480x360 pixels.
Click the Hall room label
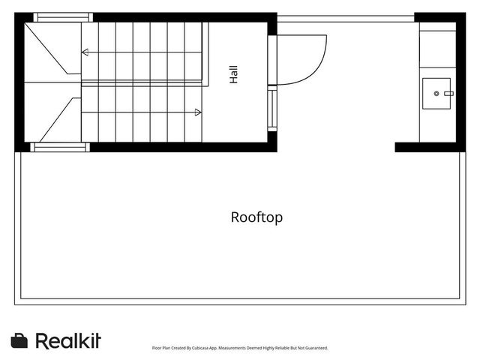[233, 74]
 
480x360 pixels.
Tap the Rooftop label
[256, 217]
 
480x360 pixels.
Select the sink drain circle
[436, 93]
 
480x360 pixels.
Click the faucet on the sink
[448, 93]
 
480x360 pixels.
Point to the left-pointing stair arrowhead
[85, 52]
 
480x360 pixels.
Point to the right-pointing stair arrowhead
[198, 112]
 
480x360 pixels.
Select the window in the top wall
[63, 17]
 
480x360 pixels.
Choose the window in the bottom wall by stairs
[60, 147]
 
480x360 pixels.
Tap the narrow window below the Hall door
[272, 108]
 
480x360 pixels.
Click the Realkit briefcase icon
[19, 340]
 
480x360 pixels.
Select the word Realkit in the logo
[68, 340]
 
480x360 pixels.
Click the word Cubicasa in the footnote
[200, 348]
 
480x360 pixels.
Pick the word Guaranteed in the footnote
[316, 348]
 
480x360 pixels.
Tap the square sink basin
[436, 93]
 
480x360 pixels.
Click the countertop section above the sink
[438, 49]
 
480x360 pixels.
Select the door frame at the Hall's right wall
[272, 60]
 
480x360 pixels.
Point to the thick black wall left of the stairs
[19, 82]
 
